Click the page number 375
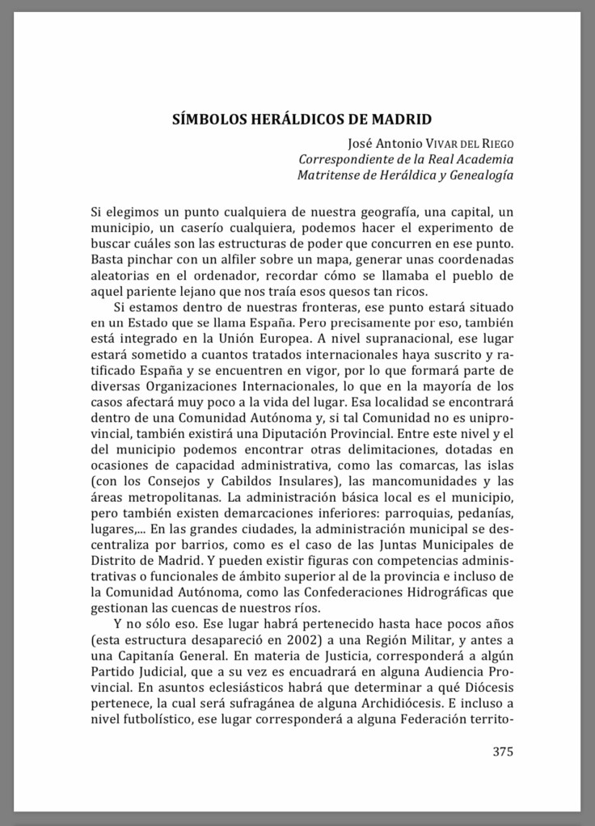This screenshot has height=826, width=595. [503, 751]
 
